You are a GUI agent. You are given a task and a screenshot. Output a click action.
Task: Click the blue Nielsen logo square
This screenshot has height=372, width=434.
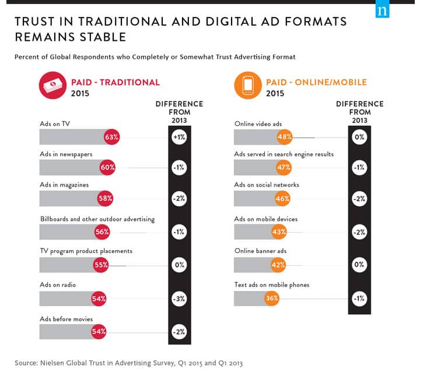[x=383, y=10]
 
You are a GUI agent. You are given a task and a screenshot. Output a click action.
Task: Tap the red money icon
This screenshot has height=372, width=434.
[x=51, y=86]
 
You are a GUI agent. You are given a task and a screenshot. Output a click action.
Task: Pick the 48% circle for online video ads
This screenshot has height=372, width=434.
[x=285, y=137]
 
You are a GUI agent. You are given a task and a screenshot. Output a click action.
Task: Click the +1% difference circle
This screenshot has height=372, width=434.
[x=178, y=137]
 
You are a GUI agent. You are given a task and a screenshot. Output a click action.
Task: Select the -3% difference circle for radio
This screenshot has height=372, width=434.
[x=178, y=299]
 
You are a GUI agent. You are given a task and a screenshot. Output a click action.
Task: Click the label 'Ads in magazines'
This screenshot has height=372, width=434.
[x=64, y=185]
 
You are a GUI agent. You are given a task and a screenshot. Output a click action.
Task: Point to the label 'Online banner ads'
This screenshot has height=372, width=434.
[x=260, y=251]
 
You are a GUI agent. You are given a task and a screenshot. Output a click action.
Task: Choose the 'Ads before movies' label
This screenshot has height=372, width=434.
[x=66, y=319]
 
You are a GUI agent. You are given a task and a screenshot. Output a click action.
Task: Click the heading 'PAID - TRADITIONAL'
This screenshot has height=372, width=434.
[x=115, y=82]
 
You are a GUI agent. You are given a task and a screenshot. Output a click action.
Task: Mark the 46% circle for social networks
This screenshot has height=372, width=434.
[x=282, y=199]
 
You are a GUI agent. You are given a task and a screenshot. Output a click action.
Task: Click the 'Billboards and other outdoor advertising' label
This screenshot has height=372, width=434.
[x=97, y=219]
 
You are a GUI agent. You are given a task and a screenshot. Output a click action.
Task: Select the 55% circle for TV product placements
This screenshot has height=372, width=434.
[x=101, y=265]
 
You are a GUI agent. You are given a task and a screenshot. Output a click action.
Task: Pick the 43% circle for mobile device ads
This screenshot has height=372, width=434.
[x=279, y=231]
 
